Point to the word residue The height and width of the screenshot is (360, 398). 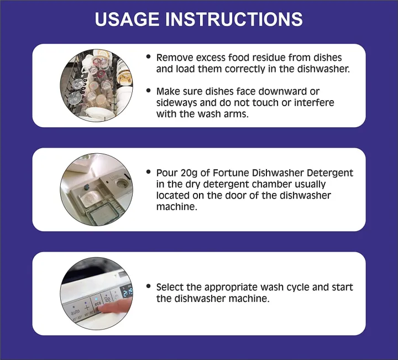click(x=269, y=58)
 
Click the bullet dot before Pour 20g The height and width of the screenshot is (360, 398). click(x=149, y=173)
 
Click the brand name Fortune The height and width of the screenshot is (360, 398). click(x=227, y=173)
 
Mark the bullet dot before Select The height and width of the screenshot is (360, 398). click(x=149, y=287)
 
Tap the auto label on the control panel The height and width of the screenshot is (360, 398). click(x=74, y=312)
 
